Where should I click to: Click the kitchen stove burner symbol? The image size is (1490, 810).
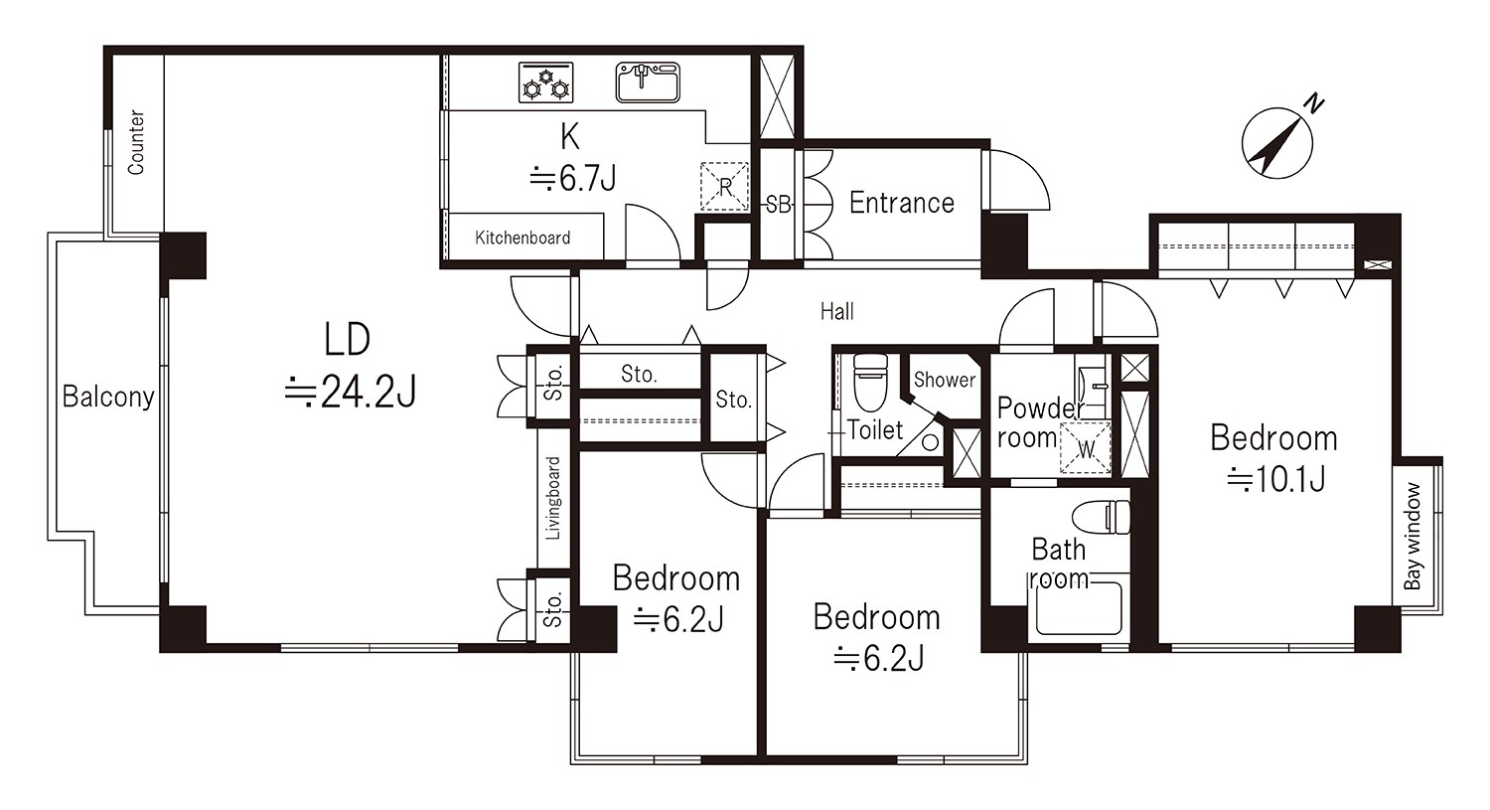[x=545, y=82]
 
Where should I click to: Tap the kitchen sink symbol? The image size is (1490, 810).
[x=648, y=82]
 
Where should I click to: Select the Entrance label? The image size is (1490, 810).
[x=901, y=203]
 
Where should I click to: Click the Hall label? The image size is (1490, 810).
[x=836, y=311]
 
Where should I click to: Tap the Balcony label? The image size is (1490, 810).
[x=107, y=397]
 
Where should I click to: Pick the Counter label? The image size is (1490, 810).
[x=136, y=142]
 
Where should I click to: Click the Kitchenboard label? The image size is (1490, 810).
[x=522, y=238]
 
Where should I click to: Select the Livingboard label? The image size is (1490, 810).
[x=553, y=498]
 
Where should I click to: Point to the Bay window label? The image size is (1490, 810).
[x=1413, y=536]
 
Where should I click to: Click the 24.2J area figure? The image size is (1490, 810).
[x=351, y=392]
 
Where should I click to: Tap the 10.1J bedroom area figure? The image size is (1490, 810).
[x=1276, y=478]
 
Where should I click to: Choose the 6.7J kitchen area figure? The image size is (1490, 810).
[x=572, y=178]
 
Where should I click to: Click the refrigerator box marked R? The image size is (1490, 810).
[x=724, y=187]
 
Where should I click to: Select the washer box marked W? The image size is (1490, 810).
[x=1085, y=448]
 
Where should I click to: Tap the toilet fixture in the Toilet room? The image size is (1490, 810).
[x=870, y=383]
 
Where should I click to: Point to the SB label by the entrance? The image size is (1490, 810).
[x=778, y=205]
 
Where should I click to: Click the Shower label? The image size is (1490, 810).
[x=944, y=380]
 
